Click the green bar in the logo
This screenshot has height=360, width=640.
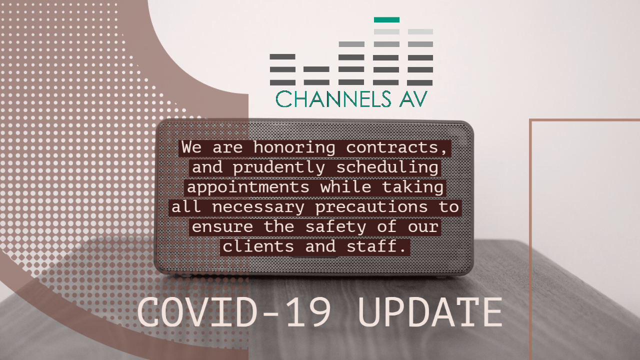point(386,19)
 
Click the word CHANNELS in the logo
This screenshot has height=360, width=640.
point(333,99)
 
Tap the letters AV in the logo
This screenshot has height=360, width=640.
point(413,99)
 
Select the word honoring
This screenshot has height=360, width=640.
point(294,147)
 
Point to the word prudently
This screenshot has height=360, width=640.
point(279,168)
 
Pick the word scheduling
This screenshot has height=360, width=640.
point(387,168)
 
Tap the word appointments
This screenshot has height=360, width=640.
point(248,187)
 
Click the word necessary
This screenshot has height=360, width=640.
point(258,207)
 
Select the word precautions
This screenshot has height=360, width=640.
point(371,207)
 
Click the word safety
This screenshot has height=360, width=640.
point(335,227)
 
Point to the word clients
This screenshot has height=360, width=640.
point(258,246)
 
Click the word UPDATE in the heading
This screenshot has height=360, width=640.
point(430,312)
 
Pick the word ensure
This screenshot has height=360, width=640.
point(222,227)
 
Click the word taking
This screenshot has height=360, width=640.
point(413,187)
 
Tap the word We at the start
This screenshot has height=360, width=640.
point(191,147)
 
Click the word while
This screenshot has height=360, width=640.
point(345,187)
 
